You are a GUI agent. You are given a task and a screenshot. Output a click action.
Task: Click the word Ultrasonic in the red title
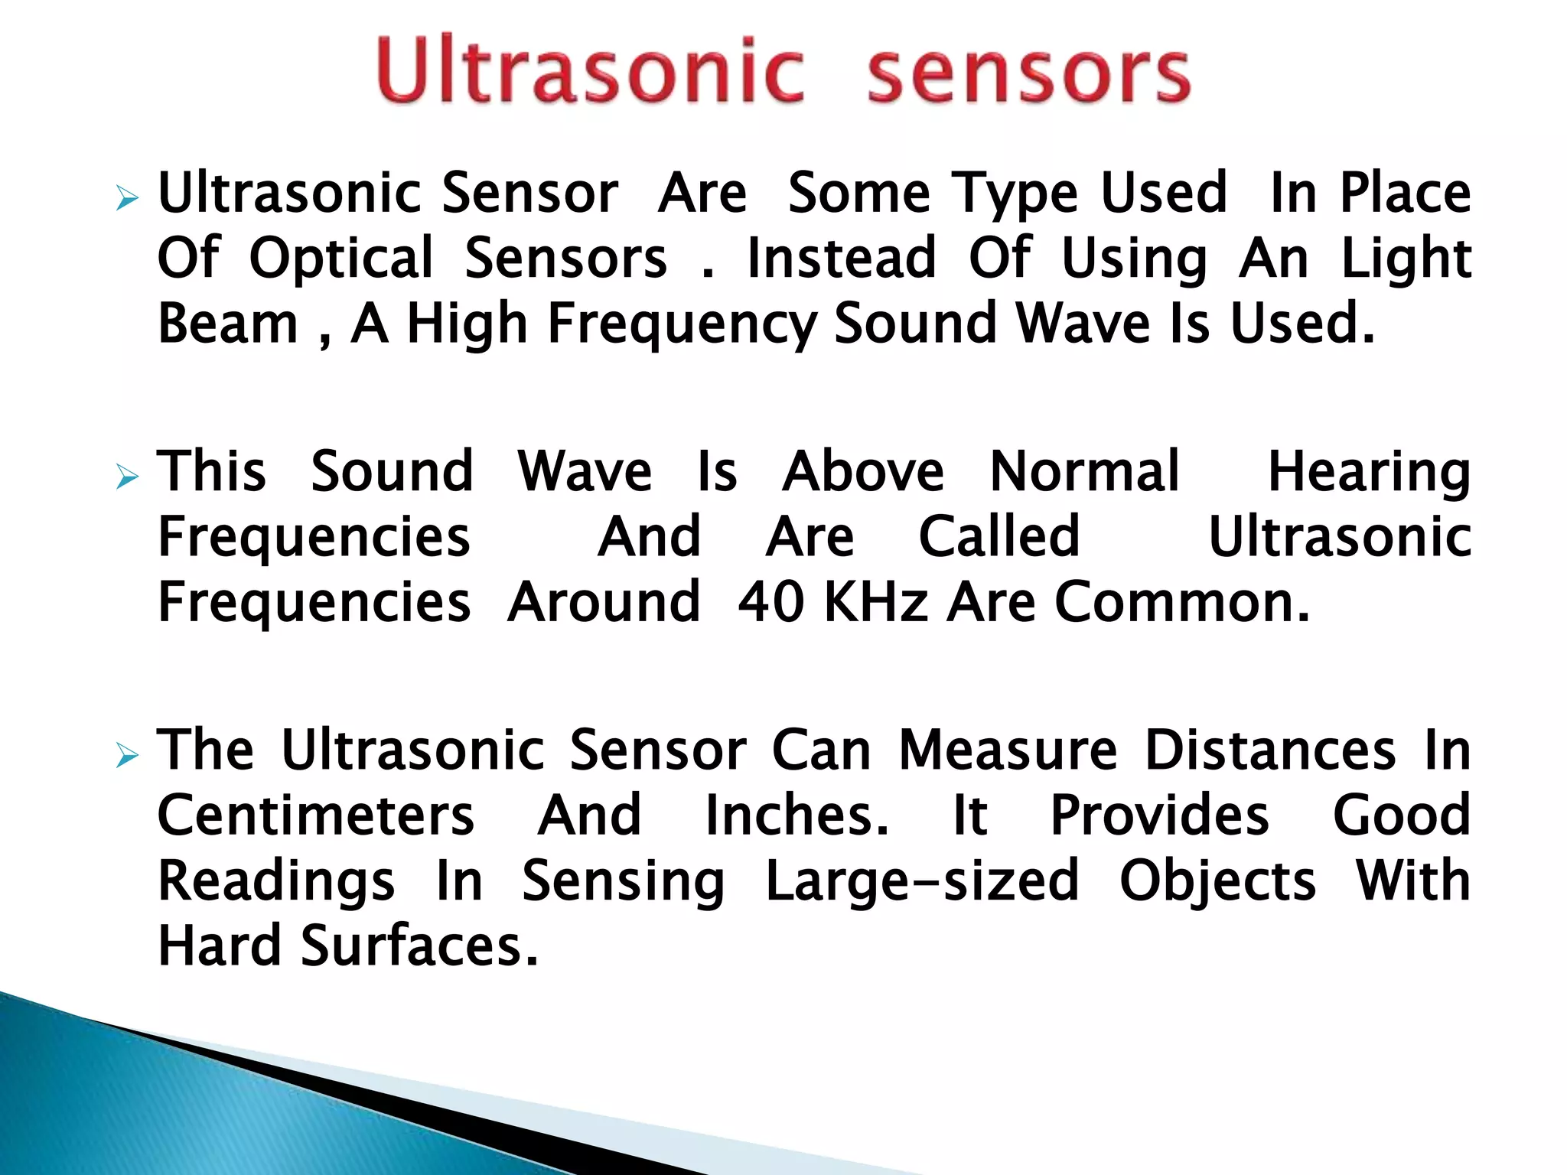[x=589, y=70]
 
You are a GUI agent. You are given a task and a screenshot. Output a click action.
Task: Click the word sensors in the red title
[x=1028, y=73]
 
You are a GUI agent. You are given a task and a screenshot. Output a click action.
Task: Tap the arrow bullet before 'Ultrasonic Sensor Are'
[x=127, y=200]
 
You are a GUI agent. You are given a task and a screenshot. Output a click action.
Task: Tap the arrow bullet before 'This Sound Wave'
[x=127, y=478]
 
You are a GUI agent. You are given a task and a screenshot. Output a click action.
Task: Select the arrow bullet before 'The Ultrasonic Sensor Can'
[x=127, y=757]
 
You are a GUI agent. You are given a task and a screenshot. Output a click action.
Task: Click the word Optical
[x=341, y=260]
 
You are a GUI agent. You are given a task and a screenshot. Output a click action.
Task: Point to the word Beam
[x=227, y=324]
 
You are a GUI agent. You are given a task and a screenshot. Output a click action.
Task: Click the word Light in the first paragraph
[x=1406, y=260]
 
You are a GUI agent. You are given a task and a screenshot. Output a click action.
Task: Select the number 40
[x=770, y=603]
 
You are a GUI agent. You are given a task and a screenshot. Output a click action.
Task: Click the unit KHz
[x=877, y=603]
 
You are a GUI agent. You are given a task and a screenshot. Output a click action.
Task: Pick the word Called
[x=999, y=537]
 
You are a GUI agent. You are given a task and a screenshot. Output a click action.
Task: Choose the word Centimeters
[x=316, y=815]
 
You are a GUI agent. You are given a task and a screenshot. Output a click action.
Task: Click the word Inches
[x=797, y=815]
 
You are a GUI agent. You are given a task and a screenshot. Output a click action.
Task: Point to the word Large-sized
[x=922, y=882]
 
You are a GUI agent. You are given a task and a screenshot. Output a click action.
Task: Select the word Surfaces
[x=419, y=947]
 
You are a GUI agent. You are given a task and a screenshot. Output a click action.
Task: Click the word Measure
[x=1007, y=751]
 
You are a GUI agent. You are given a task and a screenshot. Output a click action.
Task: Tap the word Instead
[x=842, y=259]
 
